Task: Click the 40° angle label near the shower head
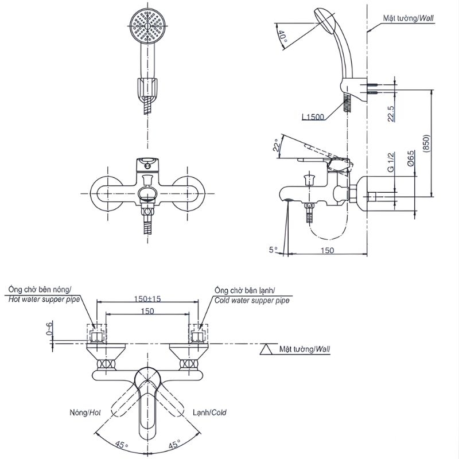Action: click(282, 36)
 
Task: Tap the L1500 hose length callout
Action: click(313, 117)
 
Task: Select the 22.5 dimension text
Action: click(391, 114)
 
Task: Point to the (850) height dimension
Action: click(426, 143)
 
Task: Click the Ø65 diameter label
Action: click(410, 158)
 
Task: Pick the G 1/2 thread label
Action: click(391, 162)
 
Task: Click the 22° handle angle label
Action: click(277, 145)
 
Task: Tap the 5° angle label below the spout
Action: click(273, 250)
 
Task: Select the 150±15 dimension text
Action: click(147, 298)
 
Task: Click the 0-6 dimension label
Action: click(50, 328)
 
